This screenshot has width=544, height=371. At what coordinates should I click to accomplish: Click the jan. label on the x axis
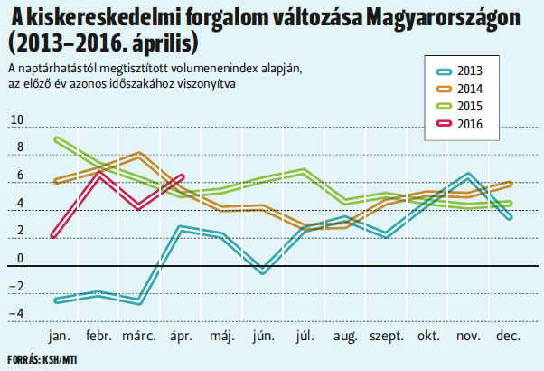[x=60, y=336]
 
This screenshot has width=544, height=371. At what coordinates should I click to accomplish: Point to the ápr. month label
[x=181, y=336]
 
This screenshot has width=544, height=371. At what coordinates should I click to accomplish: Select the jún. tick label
[x=262, y=336]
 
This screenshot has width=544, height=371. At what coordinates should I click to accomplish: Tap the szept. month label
[x=387, y=336]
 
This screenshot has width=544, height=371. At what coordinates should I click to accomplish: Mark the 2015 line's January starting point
[x=56, y=138]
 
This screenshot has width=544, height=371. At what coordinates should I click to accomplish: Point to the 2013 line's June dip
[x=262, y=271]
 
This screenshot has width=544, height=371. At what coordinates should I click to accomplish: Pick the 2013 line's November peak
[x=468, y=174]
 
